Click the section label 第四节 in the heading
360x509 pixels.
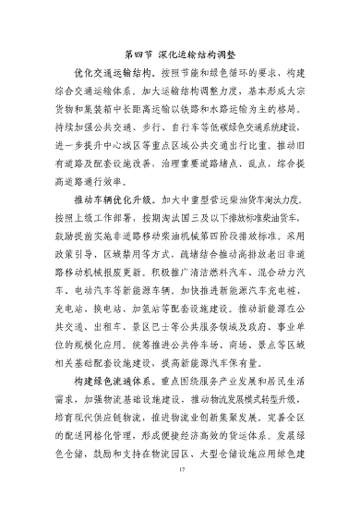[x=138, y=55]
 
